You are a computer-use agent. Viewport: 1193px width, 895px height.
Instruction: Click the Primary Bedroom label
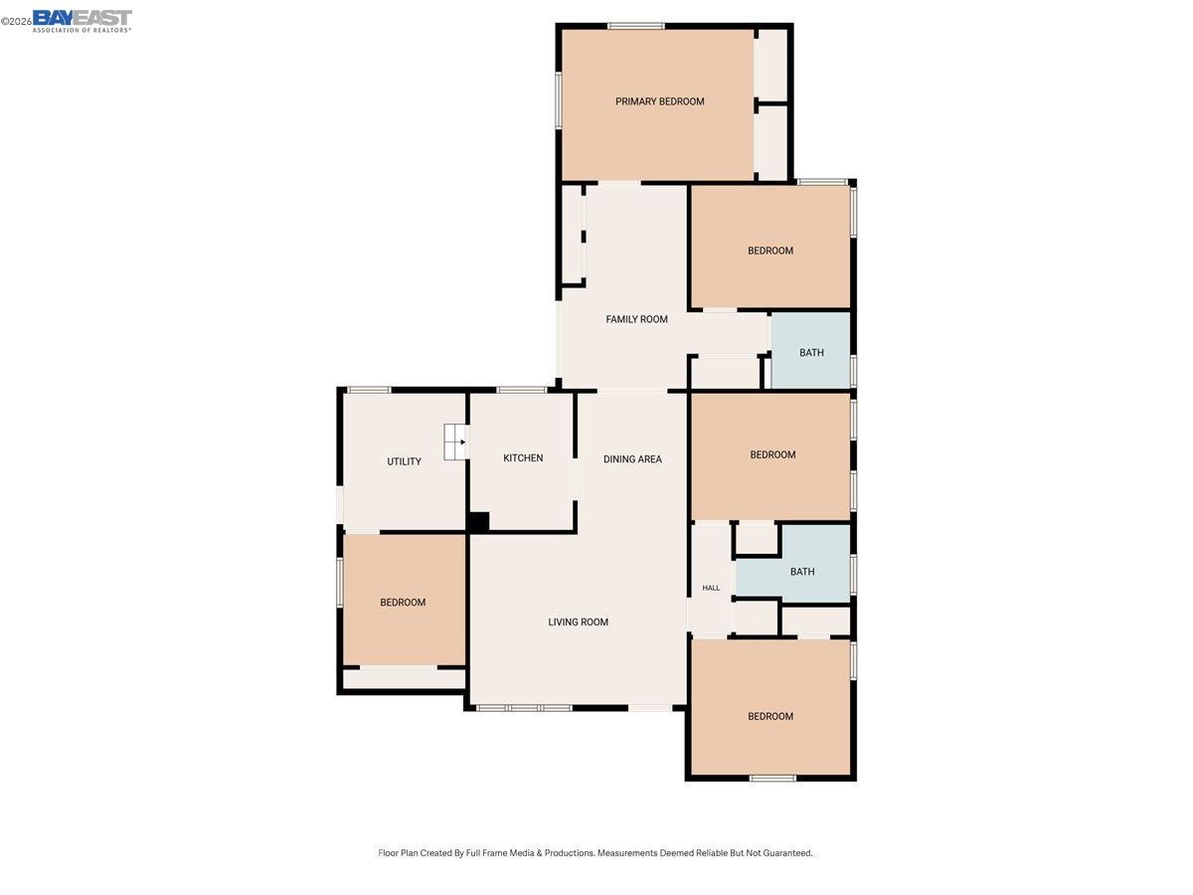[659, 101]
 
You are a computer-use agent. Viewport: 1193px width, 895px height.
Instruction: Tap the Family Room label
[636, 319]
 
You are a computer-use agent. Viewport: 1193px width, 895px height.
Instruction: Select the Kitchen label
[523, 458]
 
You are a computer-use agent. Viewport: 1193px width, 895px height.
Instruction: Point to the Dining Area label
[632, 459]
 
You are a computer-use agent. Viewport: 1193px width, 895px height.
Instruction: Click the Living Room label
[578, 623]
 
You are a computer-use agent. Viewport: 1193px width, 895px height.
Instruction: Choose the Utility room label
[404, 461]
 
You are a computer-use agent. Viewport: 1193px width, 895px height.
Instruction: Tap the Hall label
[711, 588]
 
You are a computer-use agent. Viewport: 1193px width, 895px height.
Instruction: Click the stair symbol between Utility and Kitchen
[455, 442]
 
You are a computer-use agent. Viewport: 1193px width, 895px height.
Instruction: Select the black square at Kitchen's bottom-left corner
[478, 522]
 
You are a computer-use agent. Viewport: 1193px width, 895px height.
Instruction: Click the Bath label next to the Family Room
[811, 353]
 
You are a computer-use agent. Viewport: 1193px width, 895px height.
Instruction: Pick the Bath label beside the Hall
[802, 572]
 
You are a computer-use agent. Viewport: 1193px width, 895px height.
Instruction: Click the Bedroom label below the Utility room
[403, 603]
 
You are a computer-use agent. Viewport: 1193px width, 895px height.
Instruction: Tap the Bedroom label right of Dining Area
[772, 455]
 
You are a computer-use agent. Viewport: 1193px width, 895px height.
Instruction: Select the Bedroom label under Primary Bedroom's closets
[770, 251]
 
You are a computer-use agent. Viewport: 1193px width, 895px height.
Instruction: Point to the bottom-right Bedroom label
[770, 717]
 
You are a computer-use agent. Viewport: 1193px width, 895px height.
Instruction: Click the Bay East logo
[81, 20]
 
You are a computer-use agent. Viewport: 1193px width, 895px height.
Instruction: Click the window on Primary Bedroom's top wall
[636, 26]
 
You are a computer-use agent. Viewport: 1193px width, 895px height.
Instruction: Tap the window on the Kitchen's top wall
[522, 390]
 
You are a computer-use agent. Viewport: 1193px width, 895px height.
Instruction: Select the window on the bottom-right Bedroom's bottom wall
[772, 778]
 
